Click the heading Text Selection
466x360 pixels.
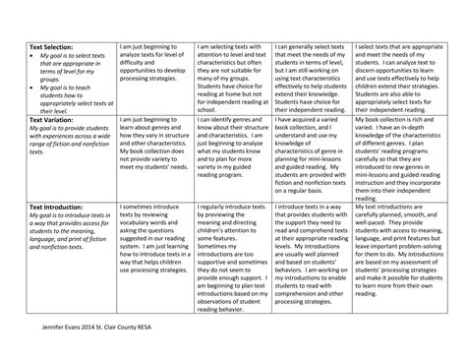tap(50, 47)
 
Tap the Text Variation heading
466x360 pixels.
tap(50, 118)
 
